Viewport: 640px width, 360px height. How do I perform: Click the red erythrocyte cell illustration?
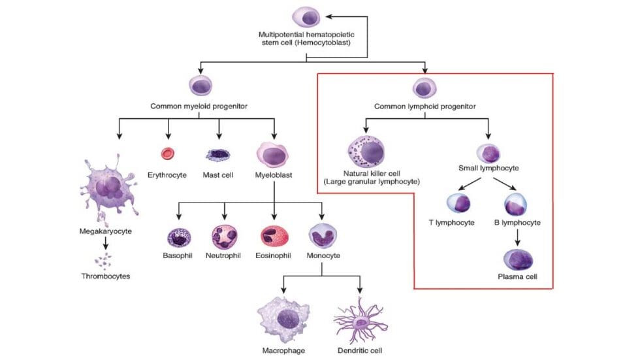coord(168,154)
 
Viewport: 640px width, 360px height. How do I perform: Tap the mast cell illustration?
coord(217,155)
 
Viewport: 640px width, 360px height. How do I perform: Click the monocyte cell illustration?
coord(321,235)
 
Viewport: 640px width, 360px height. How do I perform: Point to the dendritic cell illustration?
coord(360,321)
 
